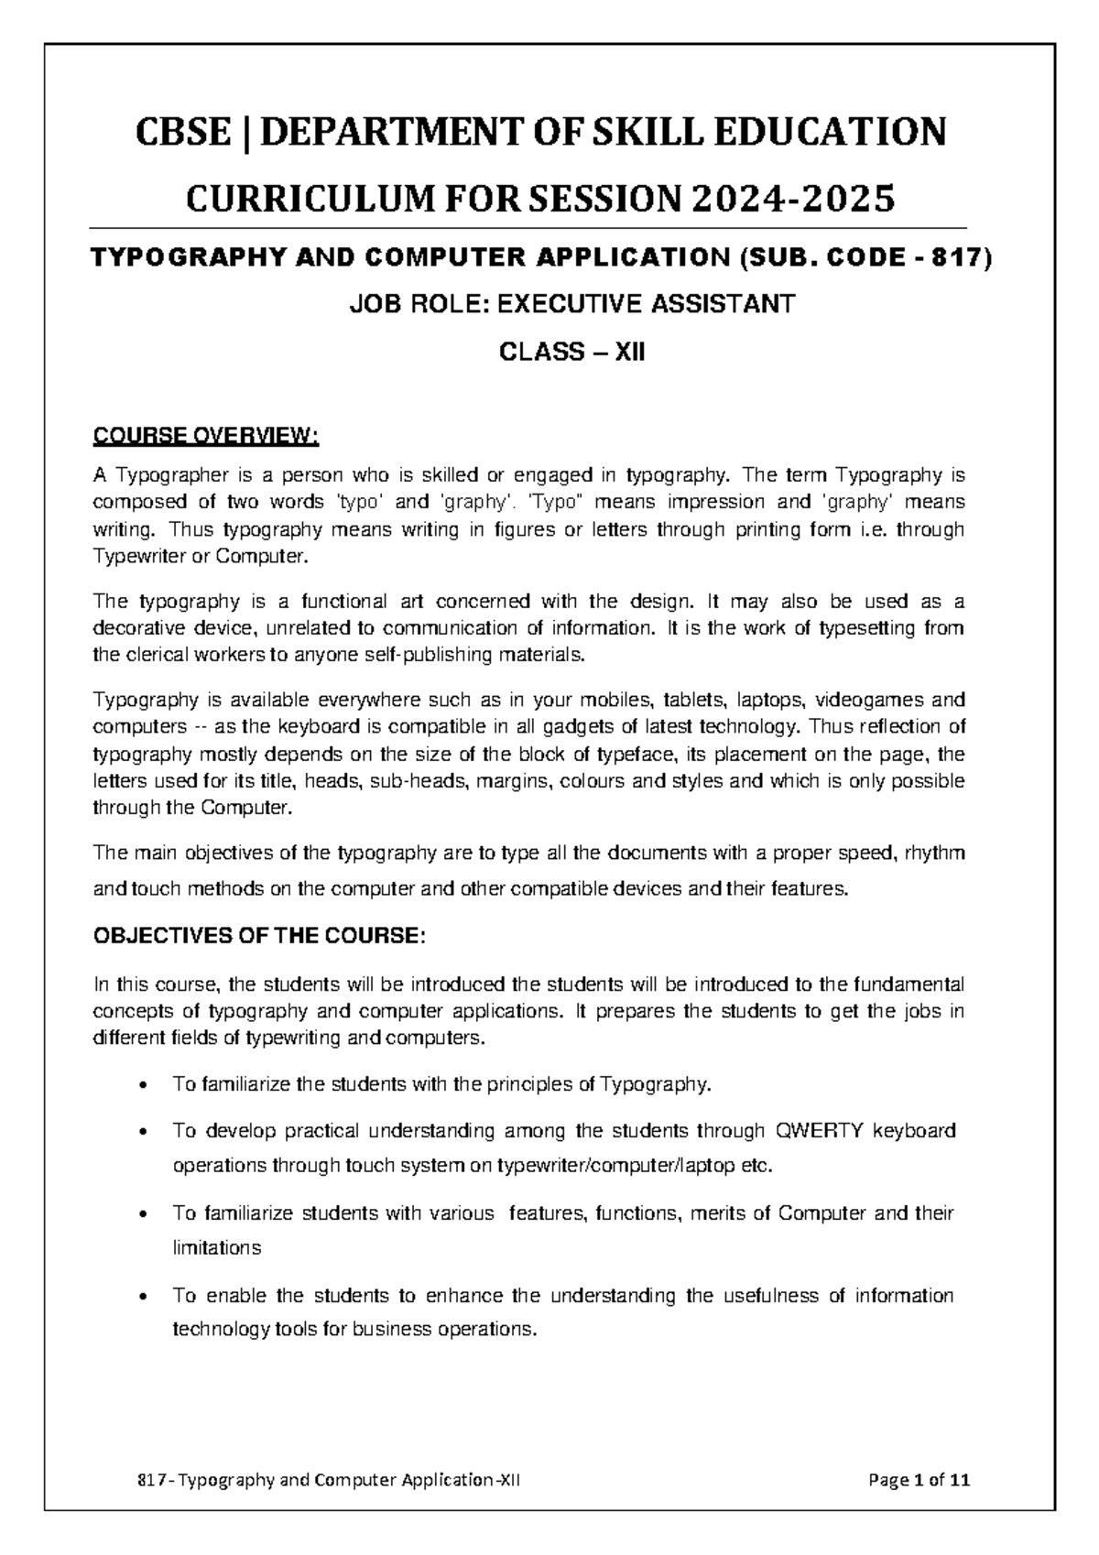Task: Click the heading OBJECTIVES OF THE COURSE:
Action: click(x=260, y=937)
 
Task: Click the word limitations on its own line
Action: click(x=217, y=1248)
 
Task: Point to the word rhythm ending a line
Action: click(x=933, y=854)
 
